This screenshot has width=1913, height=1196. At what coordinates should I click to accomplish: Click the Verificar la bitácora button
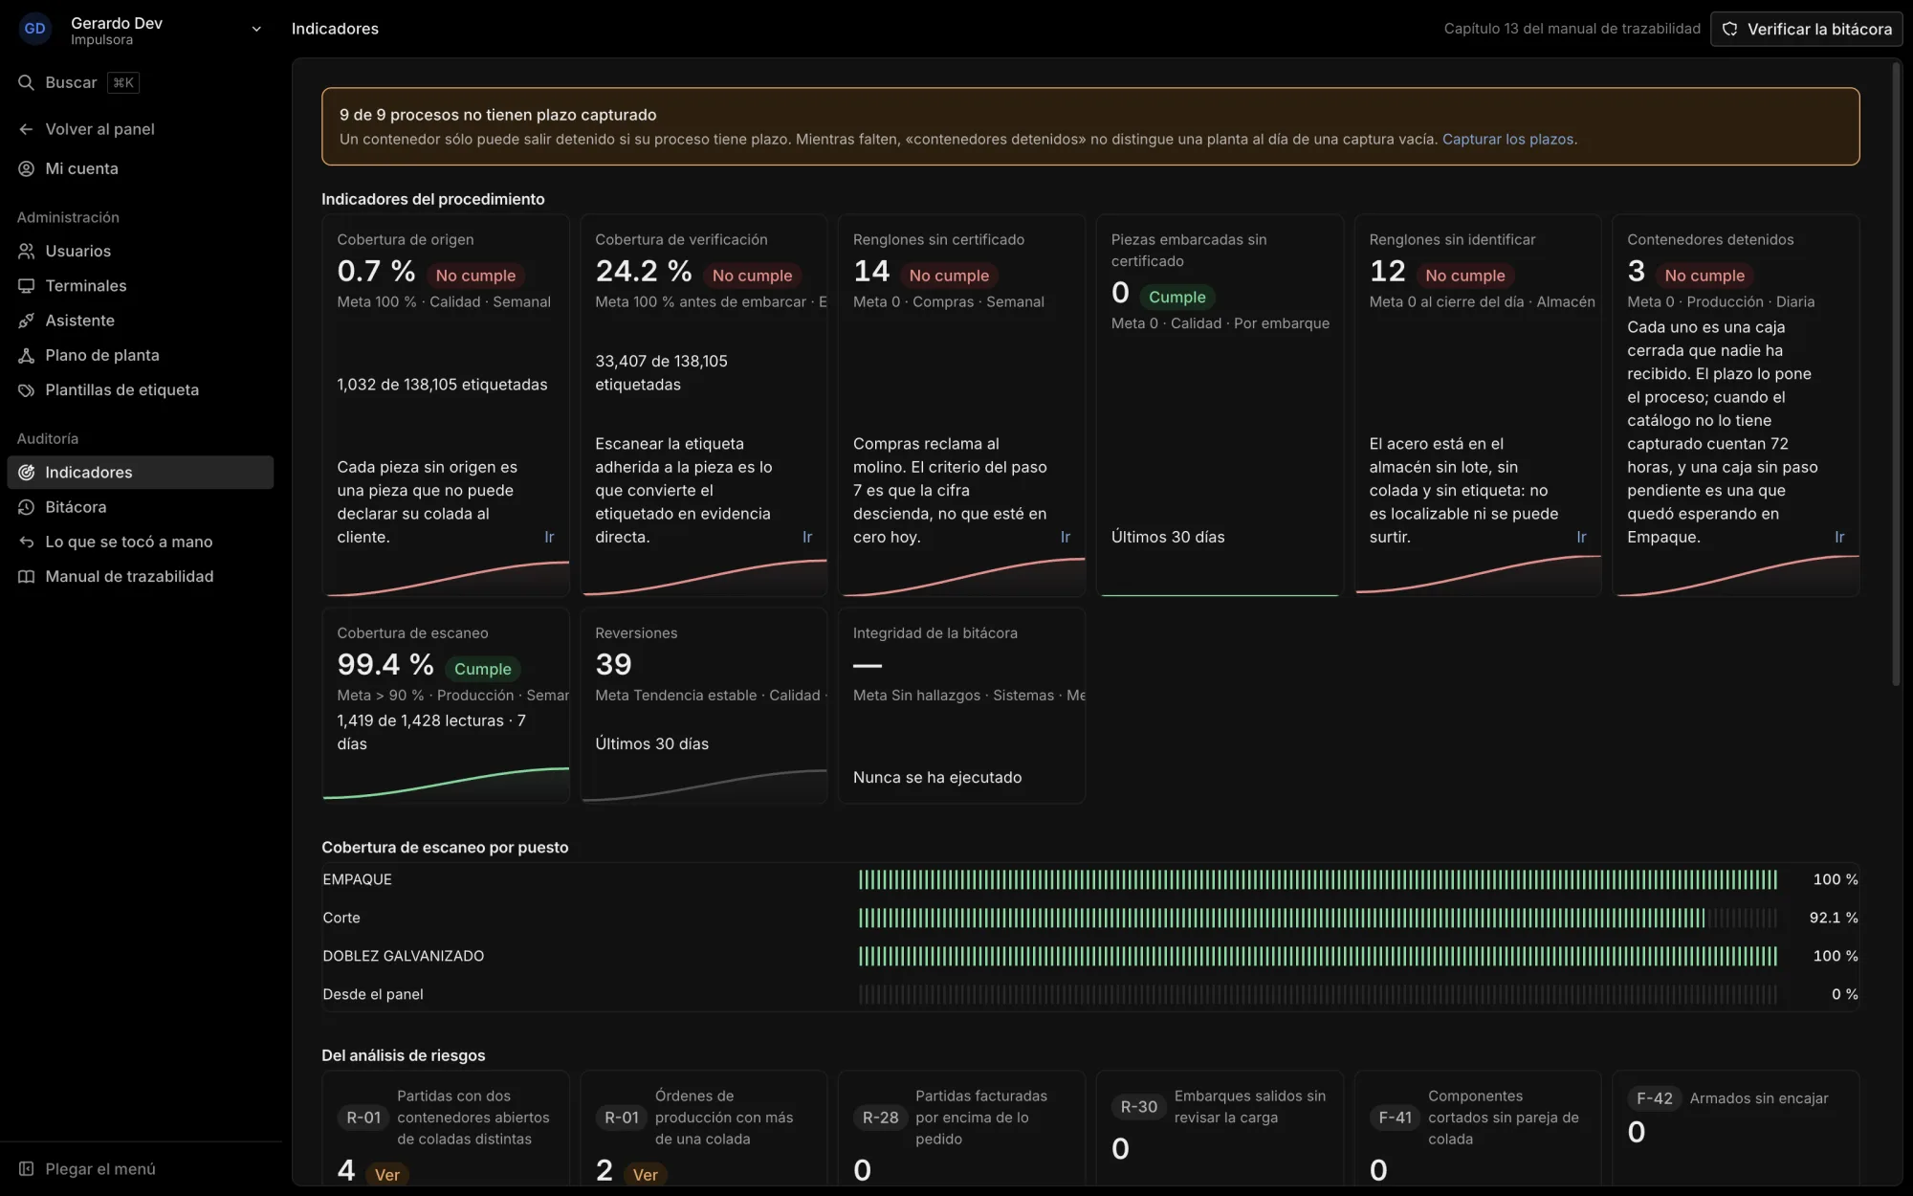pyautogui.click(x=1806, y=29)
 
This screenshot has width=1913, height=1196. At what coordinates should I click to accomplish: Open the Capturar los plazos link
pyautogui.click(x=1507, y=140)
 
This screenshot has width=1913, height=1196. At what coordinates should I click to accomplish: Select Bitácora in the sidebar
pyautogui.click(x=76, y=507)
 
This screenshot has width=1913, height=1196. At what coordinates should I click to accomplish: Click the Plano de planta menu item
pyautogui.click(x=102, y=355)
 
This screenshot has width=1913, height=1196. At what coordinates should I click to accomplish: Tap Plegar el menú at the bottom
pyautogui.click(x=99, y=1168)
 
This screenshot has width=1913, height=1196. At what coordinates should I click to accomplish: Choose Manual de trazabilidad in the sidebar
pyautogui.click(x=129, y=576)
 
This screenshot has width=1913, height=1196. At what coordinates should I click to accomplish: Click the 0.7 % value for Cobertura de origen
pyautogui.click(x=376, y=272)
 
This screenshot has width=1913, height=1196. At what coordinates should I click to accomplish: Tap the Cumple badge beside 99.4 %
pyautogui.click(x=483, y=669)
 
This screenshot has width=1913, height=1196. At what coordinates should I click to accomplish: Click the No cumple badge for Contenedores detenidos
pyautogui.click(x=1704, y=276)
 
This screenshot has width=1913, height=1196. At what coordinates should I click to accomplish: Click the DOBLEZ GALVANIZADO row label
pyautogui.click(x=404, y=956)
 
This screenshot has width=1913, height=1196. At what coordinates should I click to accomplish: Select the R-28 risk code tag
pyautogui.click(x=880, y=1118)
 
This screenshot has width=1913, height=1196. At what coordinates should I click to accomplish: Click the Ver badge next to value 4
pyautogui.click(x=387, y=1175)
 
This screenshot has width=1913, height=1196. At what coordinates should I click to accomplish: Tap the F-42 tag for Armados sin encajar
pyautogui.click(x=1655, y=1098)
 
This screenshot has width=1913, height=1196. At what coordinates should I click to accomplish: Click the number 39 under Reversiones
pyautogui.click(x=613, y=665)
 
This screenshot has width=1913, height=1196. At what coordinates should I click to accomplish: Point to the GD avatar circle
pyautogui.click(x=35, y=29)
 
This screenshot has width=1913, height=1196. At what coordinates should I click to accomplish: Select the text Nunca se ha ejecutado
pyautogui.click(x=937, y=778)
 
